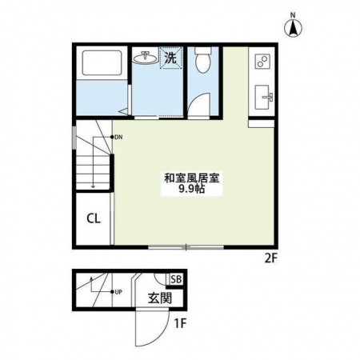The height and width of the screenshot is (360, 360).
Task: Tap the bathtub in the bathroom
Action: coord(102,62)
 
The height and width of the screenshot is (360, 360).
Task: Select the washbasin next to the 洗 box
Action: coord(145,57)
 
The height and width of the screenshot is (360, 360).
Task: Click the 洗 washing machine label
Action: coord(170,58)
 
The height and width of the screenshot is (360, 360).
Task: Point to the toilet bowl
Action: coord(203,60)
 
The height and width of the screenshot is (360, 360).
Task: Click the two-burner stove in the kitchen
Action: coord(263,61)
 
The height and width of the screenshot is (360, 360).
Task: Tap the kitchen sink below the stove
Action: coord(264,97)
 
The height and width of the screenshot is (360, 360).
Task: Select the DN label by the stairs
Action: coord(118,138)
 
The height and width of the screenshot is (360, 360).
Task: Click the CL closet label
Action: coord(94,218)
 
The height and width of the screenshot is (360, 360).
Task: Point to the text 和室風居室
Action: coord(192,178)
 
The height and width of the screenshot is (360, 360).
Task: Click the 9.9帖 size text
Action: coord(192,189)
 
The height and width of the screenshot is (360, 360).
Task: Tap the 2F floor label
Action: coord(271,258)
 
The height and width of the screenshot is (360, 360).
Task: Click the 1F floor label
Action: coord(180,324)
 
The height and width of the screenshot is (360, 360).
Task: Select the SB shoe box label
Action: coord(176,279)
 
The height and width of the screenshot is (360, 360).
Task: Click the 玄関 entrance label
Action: coord(160,298)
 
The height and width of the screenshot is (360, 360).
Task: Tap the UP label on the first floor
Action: coord(118,292)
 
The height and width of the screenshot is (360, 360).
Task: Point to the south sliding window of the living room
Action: coord(186,247)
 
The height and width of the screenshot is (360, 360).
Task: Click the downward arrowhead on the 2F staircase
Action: coord(93,186)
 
